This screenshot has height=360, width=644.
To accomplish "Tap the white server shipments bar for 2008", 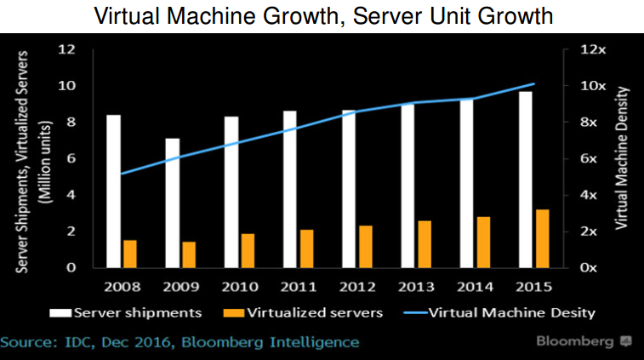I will (x=113, y=191).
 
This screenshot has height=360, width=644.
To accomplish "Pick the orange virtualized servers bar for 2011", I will (x=306, y=249).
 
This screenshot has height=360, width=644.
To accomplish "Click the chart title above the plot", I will (x=321, y=16).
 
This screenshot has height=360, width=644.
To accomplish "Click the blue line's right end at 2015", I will (x=533, y=84).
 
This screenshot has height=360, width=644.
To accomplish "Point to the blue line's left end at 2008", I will (x=121, y=174).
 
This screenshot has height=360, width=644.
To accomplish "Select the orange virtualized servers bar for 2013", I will (x=424, y=244).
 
